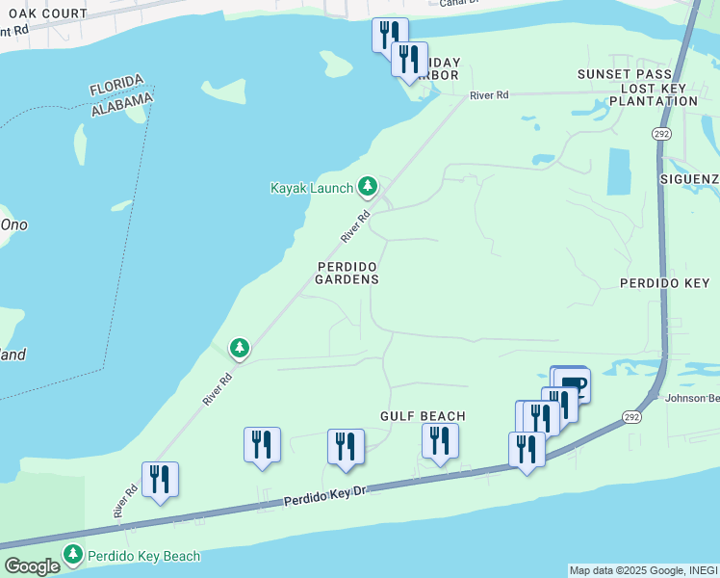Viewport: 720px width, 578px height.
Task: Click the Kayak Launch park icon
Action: pyautogui.click(x=367, y=185)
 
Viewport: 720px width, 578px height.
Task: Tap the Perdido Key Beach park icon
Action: pyautogui.click(x=73, y=554)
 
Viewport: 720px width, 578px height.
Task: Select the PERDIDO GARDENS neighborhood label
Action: pyautogui.click(x=347, y=273)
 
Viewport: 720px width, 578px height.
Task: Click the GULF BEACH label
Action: pyautogui.click(x=423, y=416)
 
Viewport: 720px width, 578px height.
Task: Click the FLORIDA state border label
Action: pyautogui.click(x=116, y=85)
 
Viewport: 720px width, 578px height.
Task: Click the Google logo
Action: pyautogui.click(x=32, y=566)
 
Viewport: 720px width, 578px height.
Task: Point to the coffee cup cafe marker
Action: pyautogui.click(x=572, y=383)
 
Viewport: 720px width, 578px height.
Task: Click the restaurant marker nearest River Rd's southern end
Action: pyautogui.click(x=160, y=479)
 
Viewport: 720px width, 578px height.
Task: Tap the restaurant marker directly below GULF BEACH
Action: pyautogui.click(x=440, y=440)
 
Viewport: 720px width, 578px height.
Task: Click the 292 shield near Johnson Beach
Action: pyautogui.click(x=630, y=416)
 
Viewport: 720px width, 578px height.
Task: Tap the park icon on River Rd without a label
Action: pyautogui.click(x=239, y=347)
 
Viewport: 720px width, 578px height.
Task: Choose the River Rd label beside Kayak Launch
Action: pyautogui.click(x=354, y=227)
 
